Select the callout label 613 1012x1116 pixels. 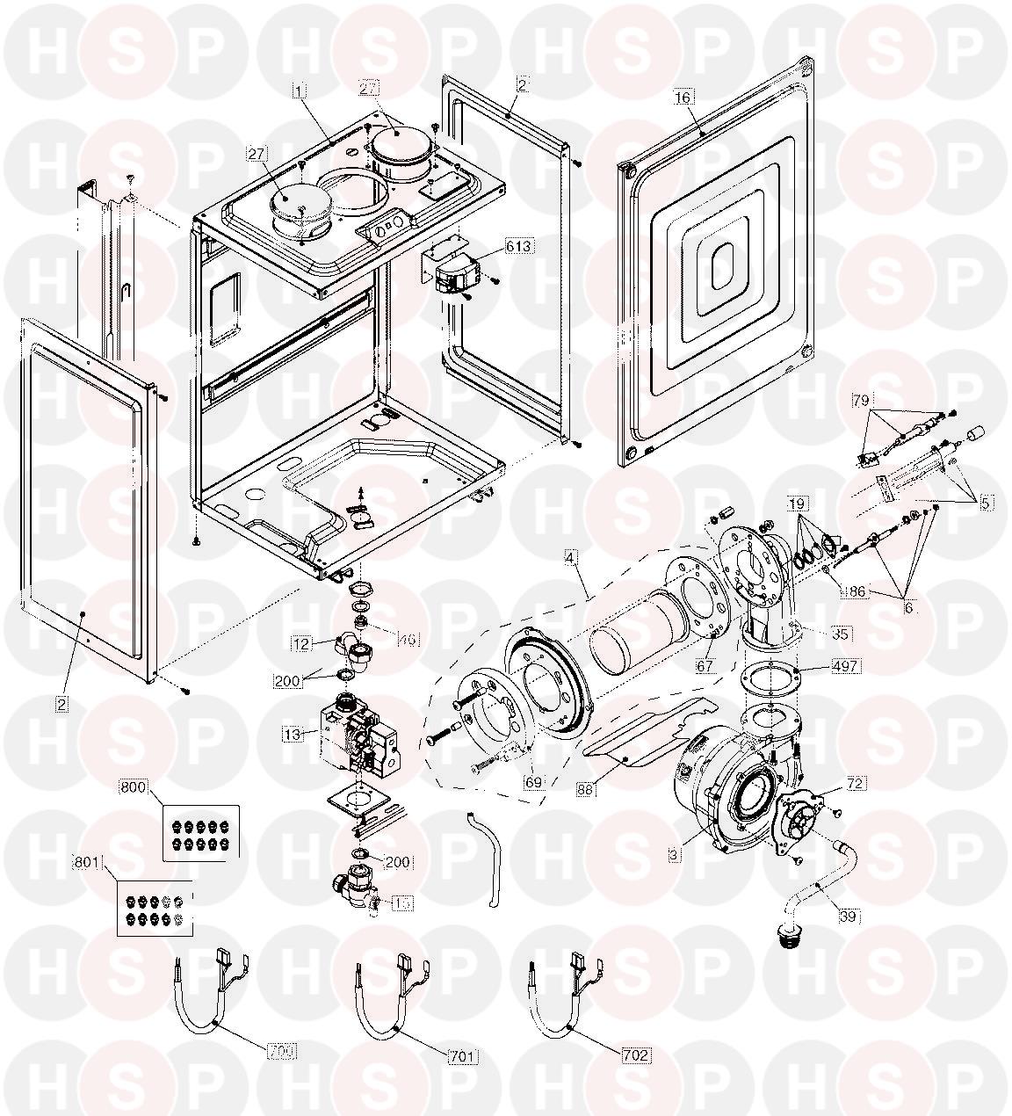(518, 247)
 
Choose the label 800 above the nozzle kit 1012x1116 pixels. (134, 787)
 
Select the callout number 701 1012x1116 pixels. (464, 1055)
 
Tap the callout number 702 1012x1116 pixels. (637, 1055)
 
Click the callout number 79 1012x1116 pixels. (861, 401)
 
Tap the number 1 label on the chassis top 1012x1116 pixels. (300, 91)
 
